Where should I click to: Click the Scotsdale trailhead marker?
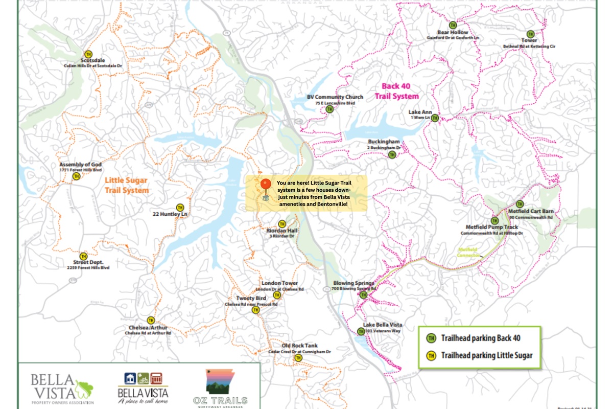(x=88, y=54)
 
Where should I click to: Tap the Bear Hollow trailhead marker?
(x=453, y=25)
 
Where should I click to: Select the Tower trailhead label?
(x=529, y=40)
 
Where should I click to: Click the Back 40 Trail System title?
(x=396, y=92)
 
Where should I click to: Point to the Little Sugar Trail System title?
(x=127, y=185)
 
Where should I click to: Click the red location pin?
(x=265, y=186)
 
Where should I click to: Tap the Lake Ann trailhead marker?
(x=435, y=118)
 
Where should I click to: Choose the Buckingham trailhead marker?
(x=392, y=154)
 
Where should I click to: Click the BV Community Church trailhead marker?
(x=330, y=109)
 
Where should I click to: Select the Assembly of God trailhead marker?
(x=77, y=176)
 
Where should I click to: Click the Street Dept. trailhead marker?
(x=83, y=256)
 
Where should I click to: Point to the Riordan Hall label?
(x=281, y=231)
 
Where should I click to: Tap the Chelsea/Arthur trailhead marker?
(x=150, y=320)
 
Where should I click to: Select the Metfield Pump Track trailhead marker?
(x=494, y=220)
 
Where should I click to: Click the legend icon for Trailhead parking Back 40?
(x=431, y=338)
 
